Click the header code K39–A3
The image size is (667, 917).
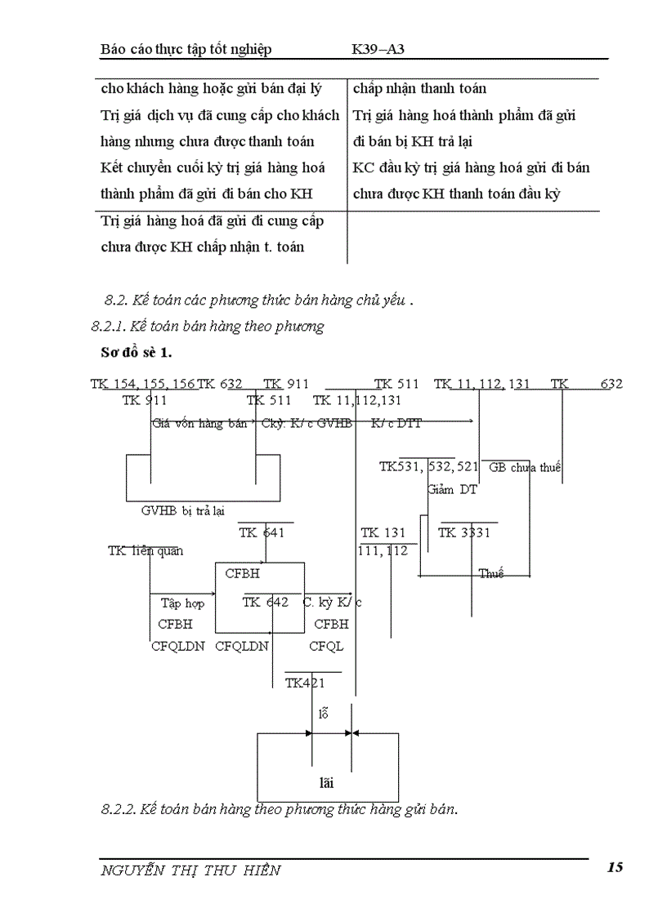point(378,49)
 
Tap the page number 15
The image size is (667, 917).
point(616,867)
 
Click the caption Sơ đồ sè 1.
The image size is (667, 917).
point(136,353)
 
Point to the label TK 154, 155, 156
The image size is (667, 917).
point(143,384)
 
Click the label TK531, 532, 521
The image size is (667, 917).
point(428,467)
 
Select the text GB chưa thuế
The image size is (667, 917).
point(524,468)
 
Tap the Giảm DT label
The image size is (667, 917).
point(452,490)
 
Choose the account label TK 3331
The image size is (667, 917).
point(463,533)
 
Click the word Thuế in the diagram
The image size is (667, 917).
point(491,574)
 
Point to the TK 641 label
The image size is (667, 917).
point(262,533)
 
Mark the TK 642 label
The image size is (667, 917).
point(265,603)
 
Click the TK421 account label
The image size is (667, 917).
point(305,683)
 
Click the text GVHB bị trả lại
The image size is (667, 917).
point(183,511)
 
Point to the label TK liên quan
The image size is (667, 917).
point(145,551)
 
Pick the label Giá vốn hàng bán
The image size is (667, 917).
point(199,424)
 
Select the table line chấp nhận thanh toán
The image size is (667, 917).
point(420,88)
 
